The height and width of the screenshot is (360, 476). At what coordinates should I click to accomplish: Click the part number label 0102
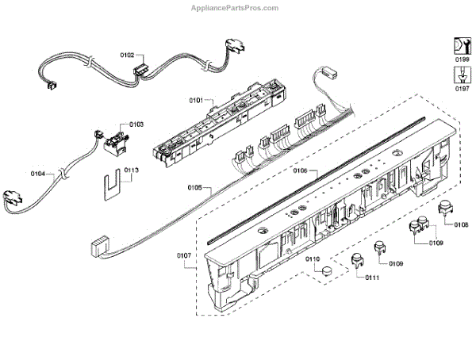[127, 56]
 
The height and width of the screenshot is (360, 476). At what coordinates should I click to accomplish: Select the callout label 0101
[196, 101]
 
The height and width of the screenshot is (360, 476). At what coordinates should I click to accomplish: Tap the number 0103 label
[136, 124]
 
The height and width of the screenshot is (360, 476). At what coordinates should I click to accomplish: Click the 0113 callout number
[131, 170]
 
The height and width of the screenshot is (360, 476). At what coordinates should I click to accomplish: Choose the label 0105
[195, 189]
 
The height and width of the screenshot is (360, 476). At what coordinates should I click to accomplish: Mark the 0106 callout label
[300, 171]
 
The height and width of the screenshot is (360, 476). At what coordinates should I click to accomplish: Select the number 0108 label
[461, 225]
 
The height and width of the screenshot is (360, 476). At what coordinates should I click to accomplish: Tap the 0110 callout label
[313, 259]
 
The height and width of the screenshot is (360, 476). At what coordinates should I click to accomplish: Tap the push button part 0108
[445, 212]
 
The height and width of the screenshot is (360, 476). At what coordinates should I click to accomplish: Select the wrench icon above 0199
[461, 44]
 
